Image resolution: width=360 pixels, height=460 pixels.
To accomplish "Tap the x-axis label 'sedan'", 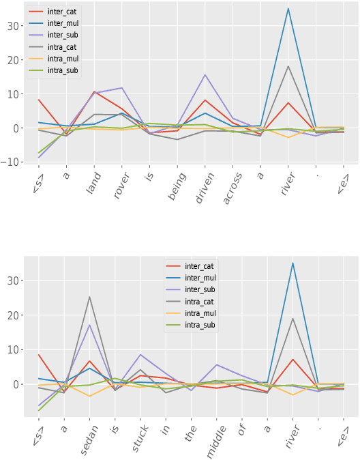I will point(87,438).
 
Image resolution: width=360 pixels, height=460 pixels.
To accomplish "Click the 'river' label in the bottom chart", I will point(291,437).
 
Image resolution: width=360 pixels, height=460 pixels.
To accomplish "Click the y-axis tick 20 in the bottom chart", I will point(18,315).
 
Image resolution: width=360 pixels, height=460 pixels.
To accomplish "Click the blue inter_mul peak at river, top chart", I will point(288,8).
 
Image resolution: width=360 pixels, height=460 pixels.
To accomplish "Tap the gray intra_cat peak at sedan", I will point(89,296).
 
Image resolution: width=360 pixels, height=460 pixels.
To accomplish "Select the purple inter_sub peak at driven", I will point(205,74).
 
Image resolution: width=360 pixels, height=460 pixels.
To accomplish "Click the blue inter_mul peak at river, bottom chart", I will point(293,263).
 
